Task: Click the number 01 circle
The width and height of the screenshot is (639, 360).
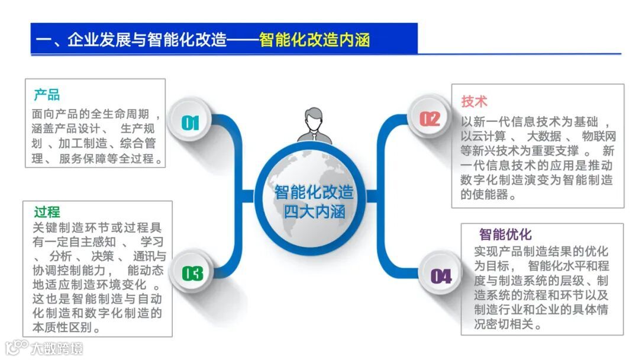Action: pos(190,123)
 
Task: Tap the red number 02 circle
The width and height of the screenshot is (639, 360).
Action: pos(430,119)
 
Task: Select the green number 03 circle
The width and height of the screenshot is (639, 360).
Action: pos(192,273)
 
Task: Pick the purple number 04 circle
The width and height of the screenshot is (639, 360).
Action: pos(440,276)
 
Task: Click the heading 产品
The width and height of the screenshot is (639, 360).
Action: pos(47,95)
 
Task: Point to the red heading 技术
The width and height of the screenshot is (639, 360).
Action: pos(474,101)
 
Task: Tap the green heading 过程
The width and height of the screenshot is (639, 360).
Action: pos(47,212)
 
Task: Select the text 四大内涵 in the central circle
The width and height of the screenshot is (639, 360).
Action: pos(314,211)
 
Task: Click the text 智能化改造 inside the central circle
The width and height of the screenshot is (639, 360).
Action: pos(314,192)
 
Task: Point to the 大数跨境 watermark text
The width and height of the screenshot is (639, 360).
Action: pos(57,348)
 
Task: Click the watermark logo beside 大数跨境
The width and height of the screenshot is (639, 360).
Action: pos(17,347)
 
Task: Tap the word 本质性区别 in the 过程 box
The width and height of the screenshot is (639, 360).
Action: pos(66,327)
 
